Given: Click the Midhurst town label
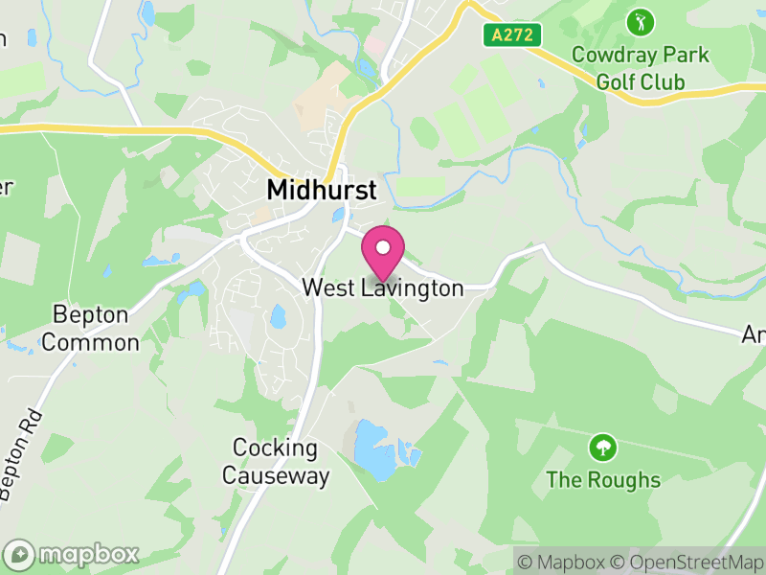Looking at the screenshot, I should pos(322,190).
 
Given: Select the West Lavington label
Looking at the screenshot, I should pos(382,287).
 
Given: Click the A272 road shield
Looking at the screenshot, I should pos(511,35).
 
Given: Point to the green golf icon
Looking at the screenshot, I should pos(641,20).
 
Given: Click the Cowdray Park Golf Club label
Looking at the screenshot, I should pos(641,67).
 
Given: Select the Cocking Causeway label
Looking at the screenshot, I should pos(276,461).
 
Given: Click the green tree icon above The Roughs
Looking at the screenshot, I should pos(603,447).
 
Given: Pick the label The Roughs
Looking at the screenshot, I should pos(603,479).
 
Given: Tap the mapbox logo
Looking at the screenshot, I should pos(73,554).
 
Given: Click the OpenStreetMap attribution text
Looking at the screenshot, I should pos(687,562).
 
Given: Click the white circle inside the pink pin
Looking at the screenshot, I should pos(383,247).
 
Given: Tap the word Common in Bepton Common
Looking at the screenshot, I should pos(91,342).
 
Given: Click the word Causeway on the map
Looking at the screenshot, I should pos(276,475).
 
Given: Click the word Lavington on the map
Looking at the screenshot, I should pos(413,287).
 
